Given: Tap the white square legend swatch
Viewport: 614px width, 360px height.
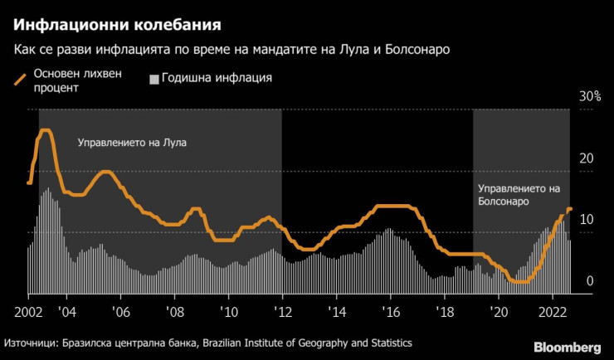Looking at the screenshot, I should pyautogui.click(x=153, y=80).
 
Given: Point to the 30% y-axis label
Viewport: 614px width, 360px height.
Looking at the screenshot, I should pyautogui.click(x=589, y=97).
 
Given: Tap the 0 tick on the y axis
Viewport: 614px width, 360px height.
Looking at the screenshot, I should pyautogui.click(x=590, y=281).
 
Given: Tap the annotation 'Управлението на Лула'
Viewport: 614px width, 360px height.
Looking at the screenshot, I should pyautogui.click(x=132, y=143).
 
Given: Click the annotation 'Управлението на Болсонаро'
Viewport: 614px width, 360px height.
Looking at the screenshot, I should pyautogui.click(x=519, y=195).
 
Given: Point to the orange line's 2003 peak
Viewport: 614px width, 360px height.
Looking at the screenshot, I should pyautogui.click(x=46, y=130).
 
